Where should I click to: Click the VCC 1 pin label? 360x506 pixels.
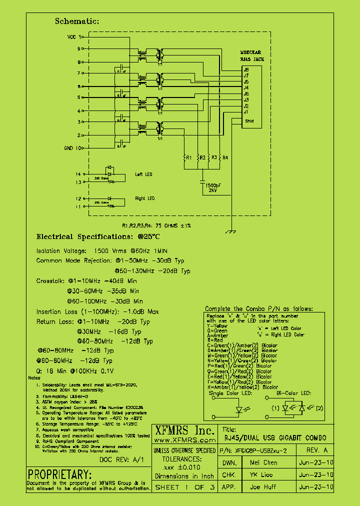[x=74, y=37]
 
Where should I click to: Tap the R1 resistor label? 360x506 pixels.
[x=188, y=157]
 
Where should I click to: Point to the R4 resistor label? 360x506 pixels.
[x=225, y=157]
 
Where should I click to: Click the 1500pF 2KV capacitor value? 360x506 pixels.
[x=214, y=187]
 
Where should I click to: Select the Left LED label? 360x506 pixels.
[x=143, y=174]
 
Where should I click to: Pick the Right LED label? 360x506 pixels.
[x=144, y=198]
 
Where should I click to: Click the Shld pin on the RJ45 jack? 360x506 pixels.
[x=249, y=121]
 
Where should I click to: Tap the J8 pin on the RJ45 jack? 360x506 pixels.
[x=246, y=69]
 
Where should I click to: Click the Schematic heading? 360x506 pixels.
[x=76, y=21]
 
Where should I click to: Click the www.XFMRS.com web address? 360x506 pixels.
[x=183, y=440]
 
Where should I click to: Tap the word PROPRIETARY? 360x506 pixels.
[x=59, y=474]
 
